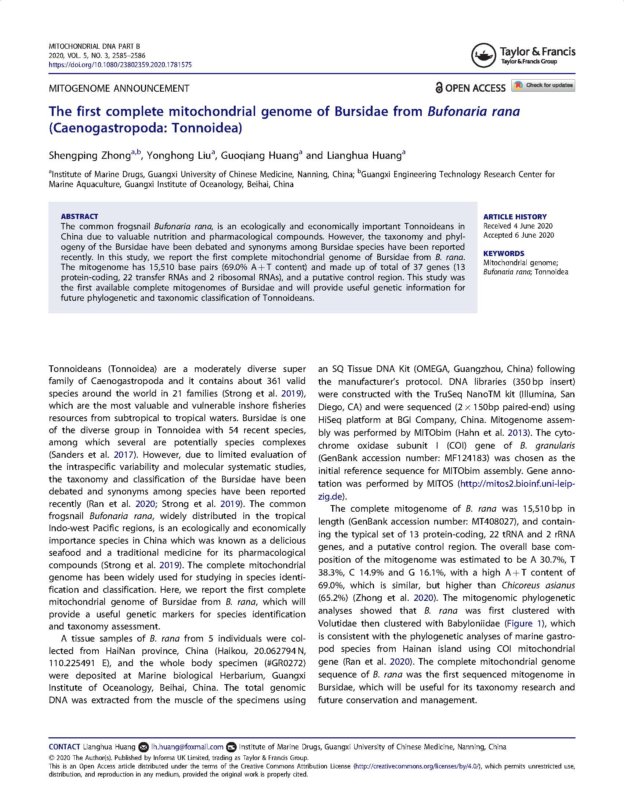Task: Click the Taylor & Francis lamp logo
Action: coord(483,55)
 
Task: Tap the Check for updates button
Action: coord(543,85)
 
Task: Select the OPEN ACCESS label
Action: coord(470,88)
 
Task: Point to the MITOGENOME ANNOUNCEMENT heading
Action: coord(119,89)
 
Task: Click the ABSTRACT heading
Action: coord(80,216)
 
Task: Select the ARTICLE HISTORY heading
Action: coord(515,217)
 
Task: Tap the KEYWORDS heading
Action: coord(504,253)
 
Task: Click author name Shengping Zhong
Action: coord(90,156)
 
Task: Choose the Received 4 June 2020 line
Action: coord(518,226)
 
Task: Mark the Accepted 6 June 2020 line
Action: coord(518,235)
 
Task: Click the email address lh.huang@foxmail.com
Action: coord(187,747)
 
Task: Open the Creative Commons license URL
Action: coord(418,766)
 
